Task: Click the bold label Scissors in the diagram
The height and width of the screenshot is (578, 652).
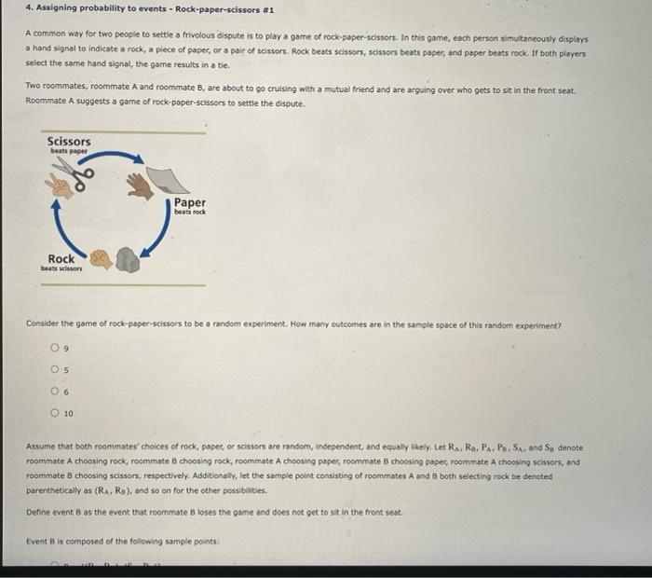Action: (69, 141)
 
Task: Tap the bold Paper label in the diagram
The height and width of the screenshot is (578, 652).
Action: (190, 202)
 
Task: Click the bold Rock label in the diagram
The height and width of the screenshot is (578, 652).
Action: (61, 259)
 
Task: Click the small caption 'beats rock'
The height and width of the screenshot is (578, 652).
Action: (190, 212)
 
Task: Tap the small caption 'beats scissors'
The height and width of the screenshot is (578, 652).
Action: (61, 268)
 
